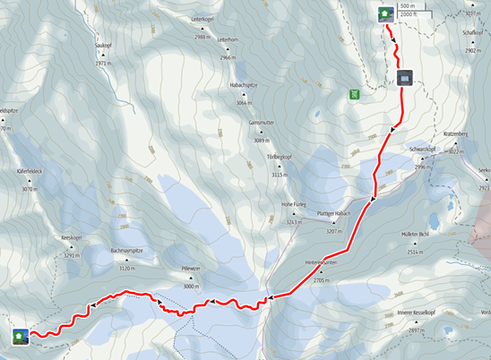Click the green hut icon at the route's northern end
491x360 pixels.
click(384, 13)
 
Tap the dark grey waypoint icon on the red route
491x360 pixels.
click(406, 78)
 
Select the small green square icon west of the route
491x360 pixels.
click(356, 92)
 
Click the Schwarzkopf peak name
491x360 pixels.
click(421, 150)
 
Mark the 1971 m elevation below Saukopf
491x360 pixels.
click(105, 64)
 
